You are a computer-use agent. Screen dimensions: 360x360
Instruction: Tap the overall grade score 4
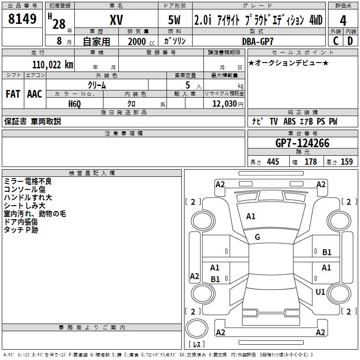coord(343,21)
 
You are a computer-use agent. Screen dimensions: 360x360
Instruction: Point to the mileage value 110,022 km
coord(53,65)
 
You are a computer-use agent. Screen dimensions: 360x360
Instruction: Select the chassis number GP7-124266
coord(302,143)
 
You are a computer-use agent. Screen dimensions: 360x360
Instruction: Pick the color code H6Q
coord(75,104)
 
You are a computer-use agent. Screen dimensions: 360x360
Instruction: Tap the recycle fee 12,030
coord(224,104)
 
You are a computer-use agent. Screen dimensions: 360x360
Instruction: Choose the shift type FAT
coord(13,94)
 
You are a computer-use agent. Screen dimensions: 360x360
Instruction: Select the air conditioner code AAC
coord(35,94)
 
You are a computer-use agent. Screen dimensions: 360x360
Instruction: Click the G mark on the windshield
coord(257,237)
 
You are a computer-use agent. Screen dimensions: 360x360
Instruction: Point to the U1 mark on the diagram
coord(320,292)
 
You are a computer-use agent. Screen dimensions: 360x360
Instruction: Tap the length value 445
coord(272,162)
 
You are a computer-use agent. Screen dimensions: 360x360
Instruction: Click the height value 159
coord(346,162)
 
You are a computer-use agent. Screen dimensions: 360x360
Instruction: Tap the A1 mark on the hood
coord(251,216)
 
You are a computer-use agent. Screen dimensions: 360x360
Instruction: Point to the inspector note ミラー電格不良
coord(28,181)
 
